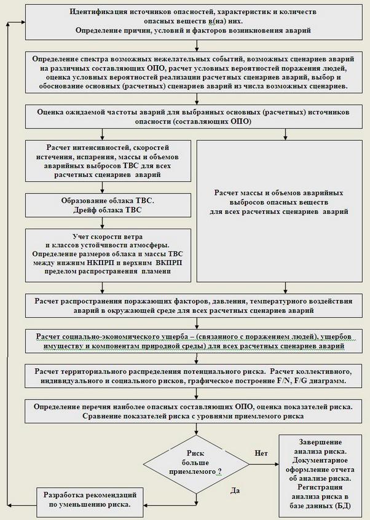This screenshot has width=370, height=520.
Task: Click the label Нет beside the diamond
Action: tap(260, 453)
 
